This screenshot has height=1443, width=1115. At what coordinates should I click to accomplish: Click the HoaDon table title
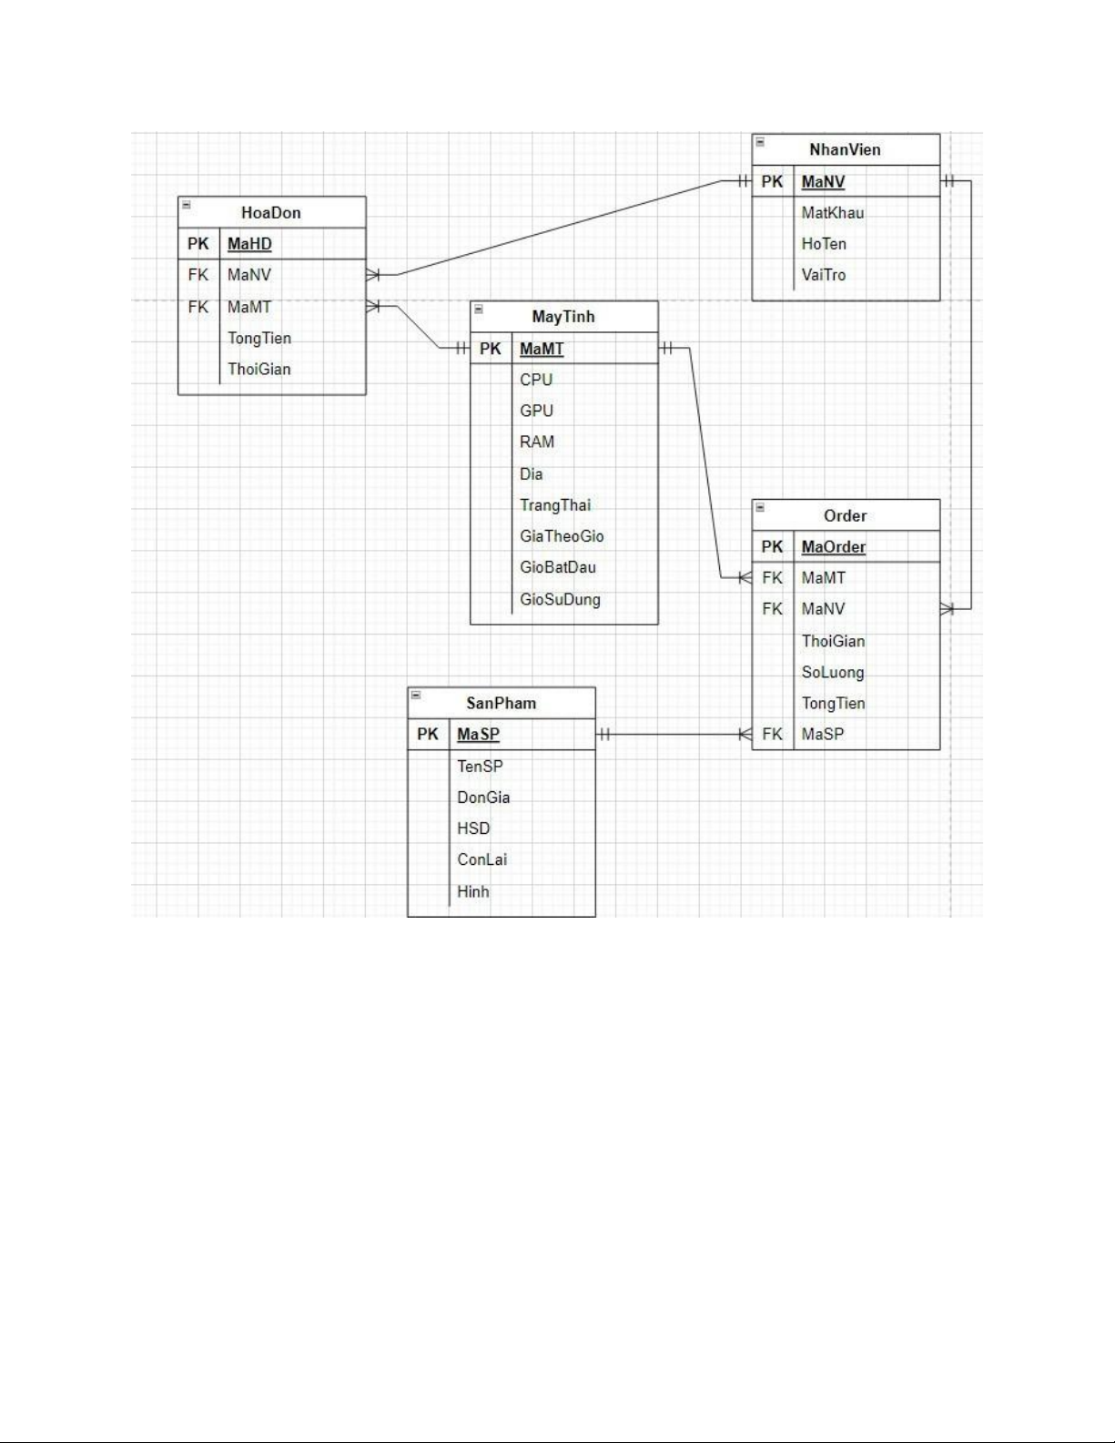click(270, 213)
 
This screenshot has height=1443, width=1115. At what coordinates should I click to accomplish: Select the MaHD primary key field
click(249, 244)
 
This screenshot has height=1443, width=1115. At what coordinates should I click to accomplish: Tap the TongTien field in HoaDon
click(259, 339)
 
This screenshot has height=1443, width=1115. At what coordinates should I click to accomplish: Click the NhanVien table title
click(845, 150)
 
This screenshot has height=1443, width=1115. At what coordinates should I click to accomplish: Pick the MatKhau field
click(832, 213)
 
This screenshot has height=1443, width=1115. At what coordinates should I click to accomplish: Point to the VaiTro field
click(824, 275)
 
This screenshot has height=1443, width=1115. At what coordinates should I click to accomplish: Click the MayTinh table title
click(563, 317)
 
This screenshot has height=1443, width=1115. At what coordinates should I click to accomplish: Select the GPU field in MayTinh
click(536, 412)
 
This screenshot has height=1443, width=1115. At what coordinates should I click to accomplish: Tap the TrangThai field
click(555, 505)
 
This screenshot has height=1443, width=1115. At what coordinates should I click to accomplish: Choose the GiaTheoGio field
click(562, 536)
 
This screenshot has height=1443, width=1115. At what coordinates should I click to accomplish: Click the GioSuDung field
click(560, 599)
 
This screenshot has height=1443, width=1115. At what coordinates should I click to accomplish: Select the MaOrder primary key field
click(833, 547)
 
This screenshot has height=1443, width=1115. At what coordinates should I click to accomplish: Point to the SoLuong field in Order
click(833, 673)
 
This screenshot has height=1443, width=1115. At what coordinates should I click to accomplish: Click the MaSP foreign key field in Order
click(823, 735)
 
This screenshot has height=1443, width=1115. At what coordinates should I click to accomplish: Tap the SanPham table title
click(501, 704)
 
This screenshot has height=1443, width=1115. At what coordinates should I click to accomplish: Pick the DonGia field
click(483, 798)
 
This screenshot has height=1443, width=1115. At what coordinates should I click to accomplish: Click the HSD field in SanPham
click(473, 828)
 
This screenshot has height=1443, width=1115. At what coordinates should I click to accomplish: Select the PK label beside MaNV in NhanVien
click(772, 182)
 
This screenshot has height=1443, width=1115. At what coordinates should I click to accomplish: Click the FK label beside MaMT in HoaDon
click(198, 308)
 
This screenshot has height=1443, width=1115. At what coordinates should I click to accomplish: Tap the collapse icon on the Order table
click(760, 507)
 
